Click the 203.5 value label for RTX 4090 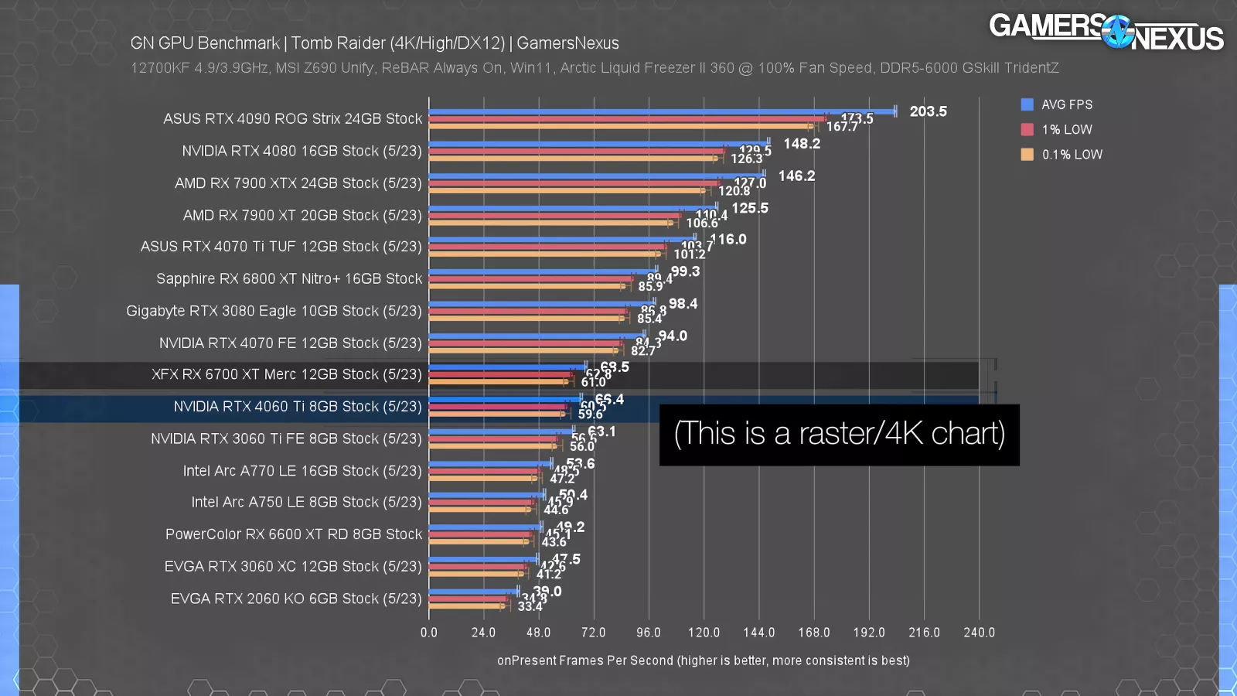[928, 111]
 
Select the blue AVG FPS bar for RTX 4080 [598, 143]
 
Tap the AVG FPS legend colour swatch [1027, 104]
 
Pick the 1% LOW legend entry [1066, 129]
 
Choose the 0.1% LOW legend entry [1072, 155]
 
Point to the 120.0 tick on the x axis [704, 633]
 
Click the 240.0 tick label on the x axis [979, 633]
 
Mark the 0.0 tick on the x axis [429, 633]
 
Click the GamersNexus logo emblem [1116, 32]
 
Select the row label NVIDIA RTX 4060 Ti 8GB [298, 407]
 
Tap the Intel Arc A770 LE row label [302, 471]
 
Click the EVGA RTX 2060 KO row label [296, 599]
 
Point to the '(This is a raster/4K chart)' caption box [839, 435]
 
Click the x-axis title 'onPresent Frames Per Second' [703, 660]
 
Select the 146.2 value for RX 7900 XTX [796, 176]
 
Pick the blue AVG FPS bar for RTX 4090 [662, 111]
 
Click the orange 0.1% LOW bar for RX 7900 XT [549, 223]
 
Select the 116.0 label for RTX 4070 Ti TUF [728, 240]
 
